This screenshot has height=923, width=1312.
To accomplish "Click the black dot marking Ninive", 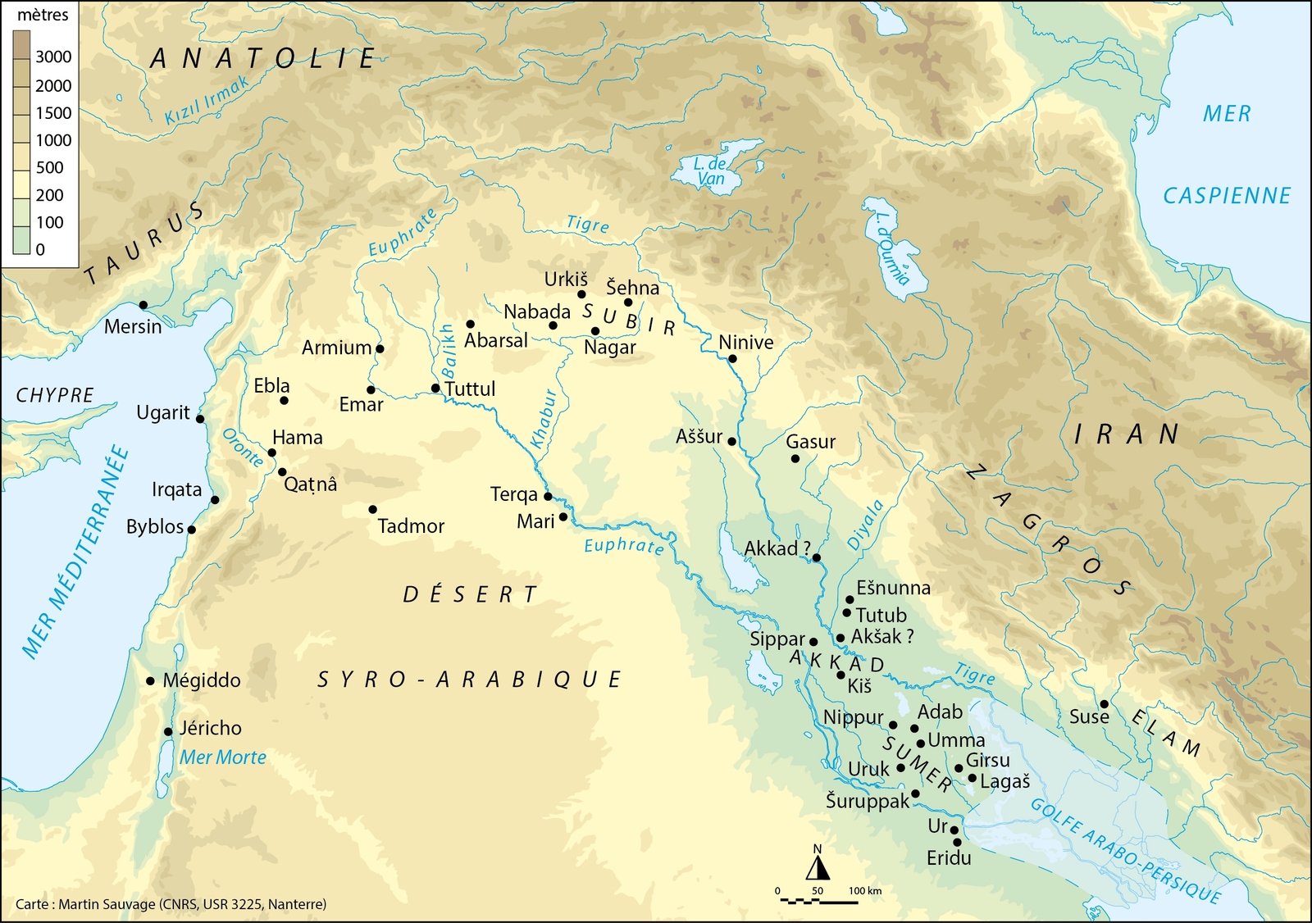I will pyautogui.click(x=732, y=359).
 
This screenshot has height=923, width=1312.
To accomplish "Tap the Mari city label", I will pyautogui.click(x=535, y=521).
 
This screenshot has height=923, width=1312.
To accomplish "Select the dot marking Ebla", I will pyautogui.click(x=285, y=401).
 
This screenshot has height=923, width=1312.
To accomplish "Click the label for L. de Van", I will pyautogui.click(x=710, y=171).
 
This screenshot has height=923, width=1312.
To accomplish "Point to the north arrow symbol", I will pyautogui.click(x=818, y=866).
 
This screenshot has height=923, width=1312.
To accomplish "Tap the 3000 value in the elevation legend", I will pyautogui.click(x=53, y=57).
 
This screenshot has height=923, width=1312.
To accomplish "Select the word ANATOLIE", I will pyautogui.click(x=263, y=59).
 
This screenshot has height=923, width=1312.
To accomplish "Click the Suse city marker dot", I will pyautogui.click(x=1105, y=704).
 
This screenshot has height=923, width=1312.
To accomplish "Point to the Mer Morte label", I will pyautogui.click(x=223, y=757).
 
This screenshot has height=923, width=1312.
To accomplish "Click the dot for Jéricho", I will pyautogui.click(x=167, y=732).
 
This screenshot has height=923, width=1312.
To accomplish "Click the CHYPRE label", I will pyautogui.click(x=55, y=395).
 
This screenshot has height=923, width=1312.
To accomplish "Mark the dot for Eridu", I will pyautogui.click(x=957, y=843).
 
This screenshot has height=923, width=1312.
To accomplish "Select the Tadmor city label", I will pyautogui.click(x=411, y=526).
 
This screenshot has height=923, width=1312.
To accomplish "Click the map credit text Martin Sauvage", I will pyautogui.click(x=171, y=904).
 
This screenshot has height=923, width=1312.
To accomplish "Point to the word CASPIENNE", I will pyautogui.click(x=1227, y=196).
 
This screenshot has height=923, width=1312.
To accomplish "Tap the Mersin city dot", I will pyautogui.click(x=143, y=305).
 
